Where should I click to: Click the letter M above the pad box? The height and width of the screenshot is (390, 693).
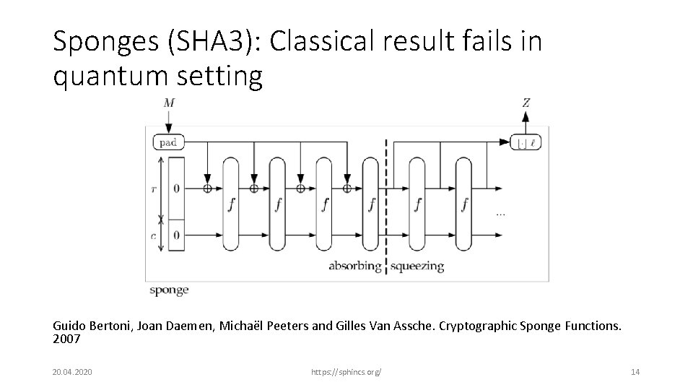click(x=169, y=103)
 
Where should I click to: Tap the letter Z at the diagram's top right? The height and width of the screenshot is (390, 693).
click(x=526, y=103)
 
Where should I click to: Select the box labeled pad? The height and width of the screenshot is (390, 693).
click(x=168, y=142)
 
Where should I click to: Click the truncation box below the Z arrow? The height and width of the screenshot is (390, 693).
click(x=526, y=142)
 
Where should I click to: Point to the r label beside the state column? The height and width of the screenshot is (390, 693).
click(x=153, y=189)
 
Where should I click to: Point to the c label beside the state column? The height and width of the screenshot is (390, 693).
click(x=153, y=235)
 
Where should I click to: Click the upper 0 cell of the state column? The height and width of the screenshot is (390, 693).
click(x=176, y=189)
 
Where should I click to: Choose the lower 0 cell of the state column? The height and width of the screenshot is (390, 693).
click(x=176, y=235)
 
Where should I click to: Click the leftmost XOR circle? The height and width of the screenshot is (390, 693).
click(x=208, y=189)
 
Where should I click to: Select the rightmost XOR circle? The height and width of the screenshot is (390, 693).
click(x=347, y=189)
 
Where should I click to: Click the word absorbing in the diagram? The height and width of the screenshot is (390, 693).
click(x=354, y=266)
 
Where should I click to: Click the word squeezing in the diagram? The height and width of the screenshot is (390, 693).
click(x=417, y=266)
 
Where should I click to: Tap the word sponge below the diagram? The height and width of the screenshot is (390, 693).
click(x=169, y=290)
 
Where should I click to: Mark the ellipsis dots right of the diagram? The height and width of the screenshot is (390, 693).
click(x=500, y=214)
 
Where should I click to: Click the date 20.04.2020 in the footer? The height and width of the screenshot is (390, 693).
click(x=67, y=371)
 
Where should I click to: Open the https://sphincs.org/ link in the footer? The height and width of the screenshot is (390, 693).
click(x=346, y=371)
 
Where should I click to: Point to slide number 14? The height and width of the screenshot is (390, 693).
click(x=635, y=371)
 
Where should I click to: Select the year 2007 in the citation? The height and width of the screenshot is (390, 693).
click(x=66, y=338)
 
